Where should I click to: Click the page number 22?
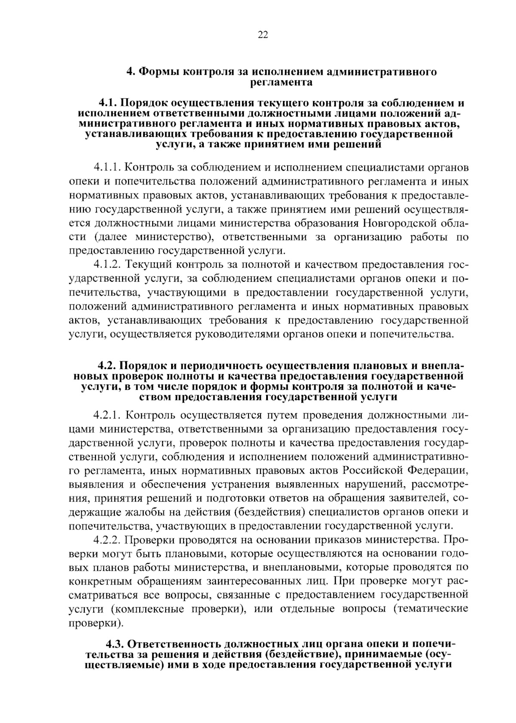(x=263, y=36)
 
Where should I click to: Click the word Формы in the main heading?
(x=159, y=72)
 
